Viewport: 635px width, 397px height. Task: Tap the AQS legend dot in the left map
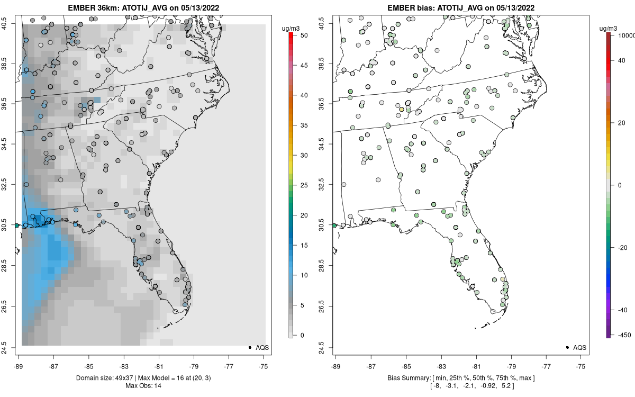tap(249, 347)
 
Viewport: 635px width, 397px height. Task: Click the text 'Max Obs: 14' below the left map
tap(143, 385)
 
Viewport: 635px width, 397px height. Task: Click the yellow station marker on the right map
tap(401, 110)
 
